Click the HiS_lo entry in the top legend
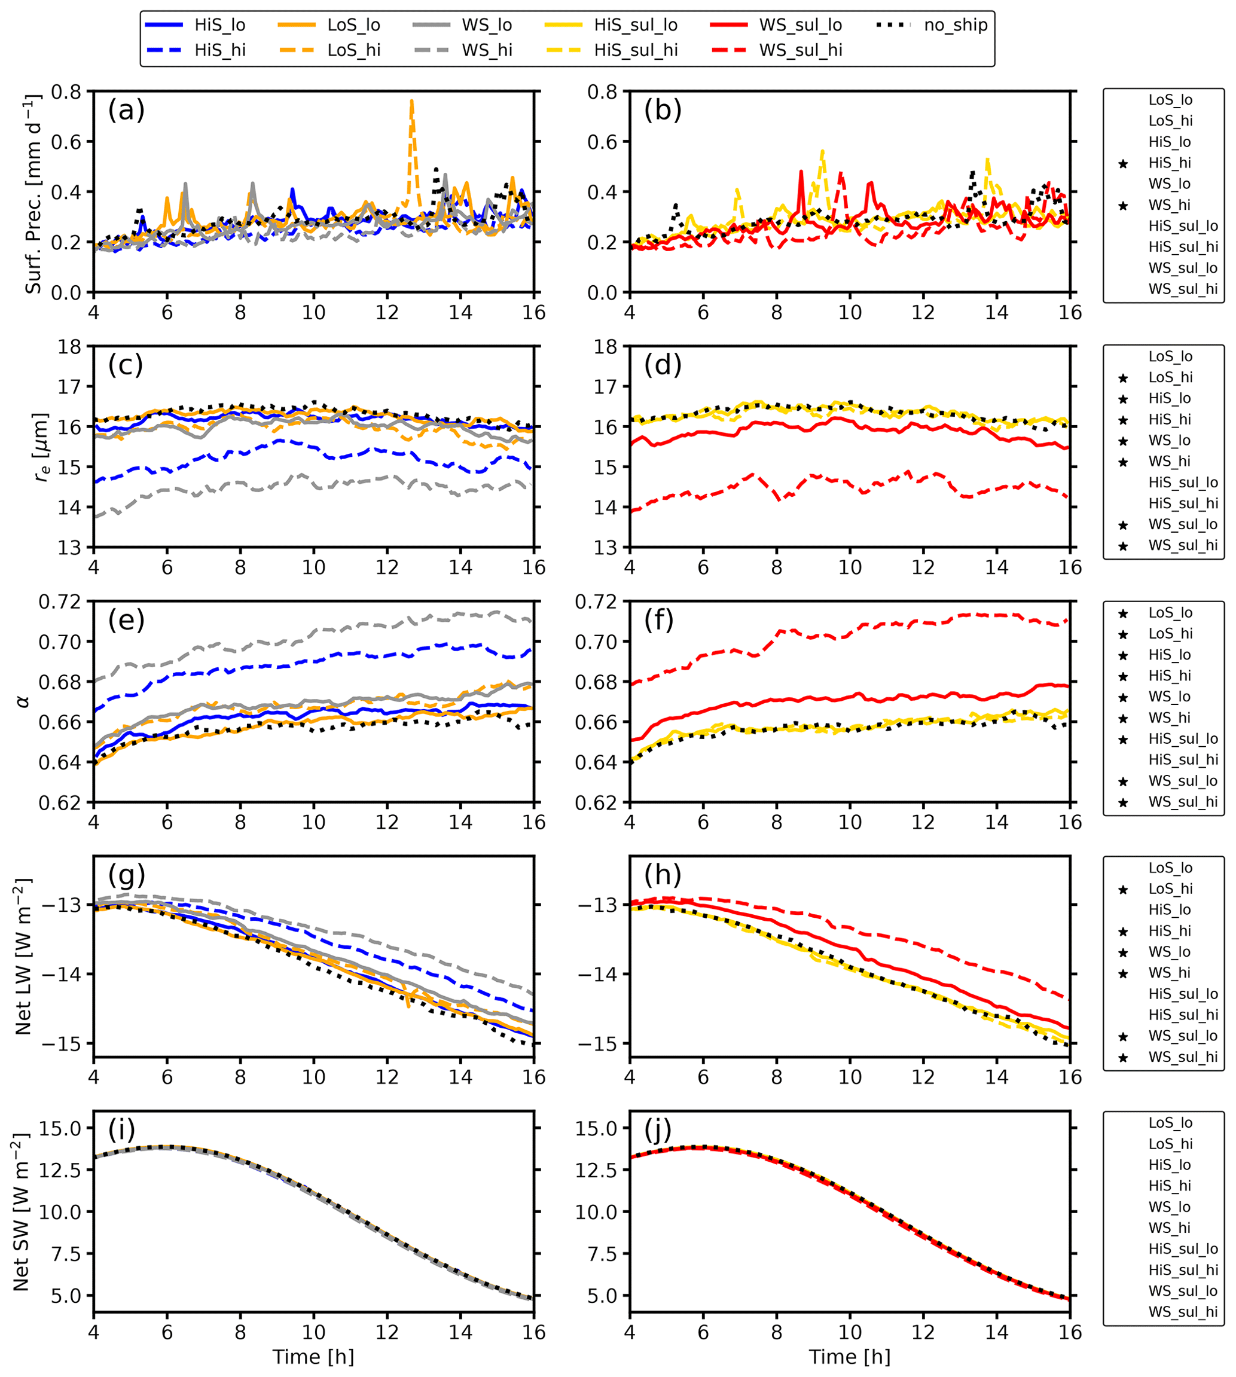point(219,25)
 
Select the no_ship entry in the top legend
point(955,25)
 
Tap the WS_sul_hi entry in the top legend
point(800,50)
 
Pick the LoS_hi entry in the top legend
point(353,50)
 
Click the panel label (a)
point(126,110)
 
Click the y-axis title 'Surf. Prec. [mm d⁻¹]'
point(33,194)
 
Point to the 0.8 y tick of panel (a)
point(66,91)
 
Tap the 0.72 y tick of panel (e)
point(60,602)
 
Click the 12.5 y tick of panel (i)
point(60,1170)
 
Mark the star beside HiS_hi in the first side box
point(1123,164)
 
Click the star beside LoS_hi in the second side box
point(1123,378)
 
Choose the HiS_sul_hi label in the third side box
point(1183,759)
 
